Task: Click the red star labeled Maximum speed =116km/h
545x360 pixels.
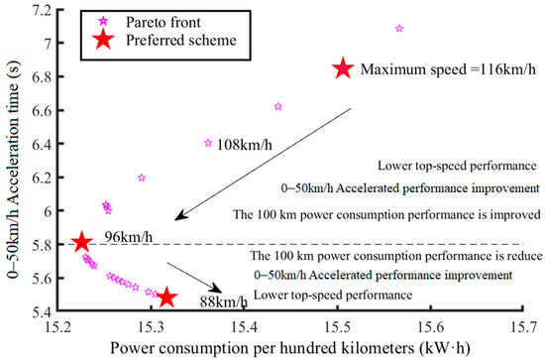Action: click(342, 68)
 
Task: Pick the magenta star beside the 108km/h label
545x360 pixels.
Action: click(207, 143)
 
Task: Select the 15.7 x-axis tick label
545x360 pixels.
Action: click(524, 324)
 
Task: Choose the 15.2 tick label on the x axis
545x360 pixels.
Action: click(58, 324)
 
